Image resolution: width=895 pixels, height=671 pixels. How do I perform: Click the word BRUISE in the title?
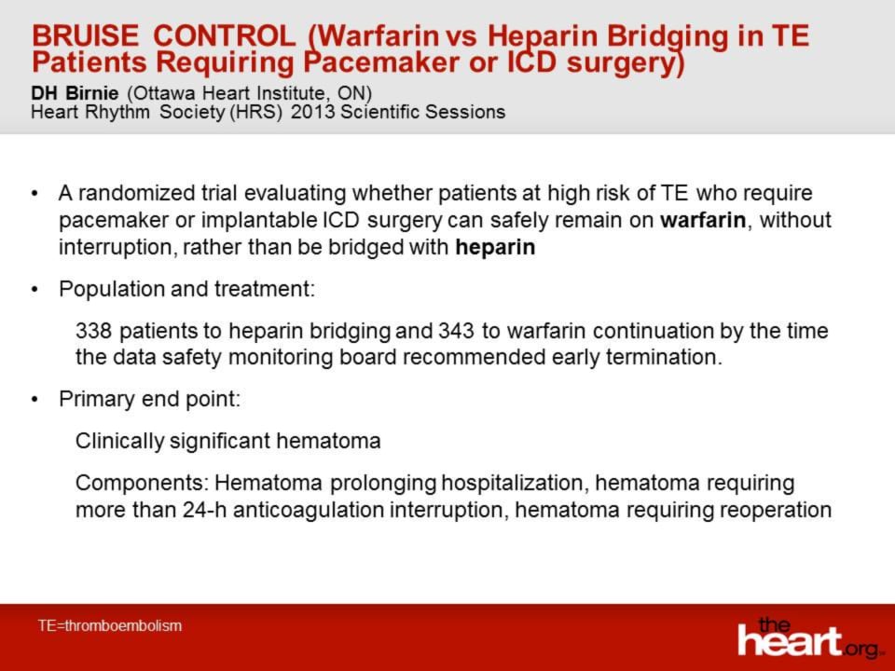pyautogui.click(x=85, y=35)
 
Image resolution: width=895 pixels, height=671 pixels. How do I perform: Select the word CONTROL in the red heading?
pyautogui.click(x=225, y=35)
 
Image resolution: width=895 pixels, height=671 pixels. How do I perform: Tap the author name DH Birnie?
pyautogui.click(x=75, y=93)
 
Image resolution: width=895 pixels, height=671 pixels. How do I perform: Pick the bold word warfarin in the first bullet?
pyautogui.click(x=703, y=220)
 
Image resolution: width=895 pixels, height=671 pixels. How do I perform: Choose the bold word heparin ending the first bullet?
pyautogui.click(x=495, y=247)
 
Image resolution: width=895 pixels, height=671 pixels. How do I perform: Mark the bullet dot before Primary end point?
pyautogui.click(x=35, y=400)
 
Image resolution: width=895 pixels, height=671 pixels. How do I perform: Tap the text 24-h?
pyautogui.click(x=205, y=510)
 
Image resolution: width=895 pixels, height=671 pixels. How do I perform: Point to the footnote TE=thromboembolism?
pyautogui.click(x=110, y=625)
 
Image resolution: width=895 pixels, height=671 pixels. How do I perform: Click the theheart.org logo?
pyautogui.click(x=810, y=637)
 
